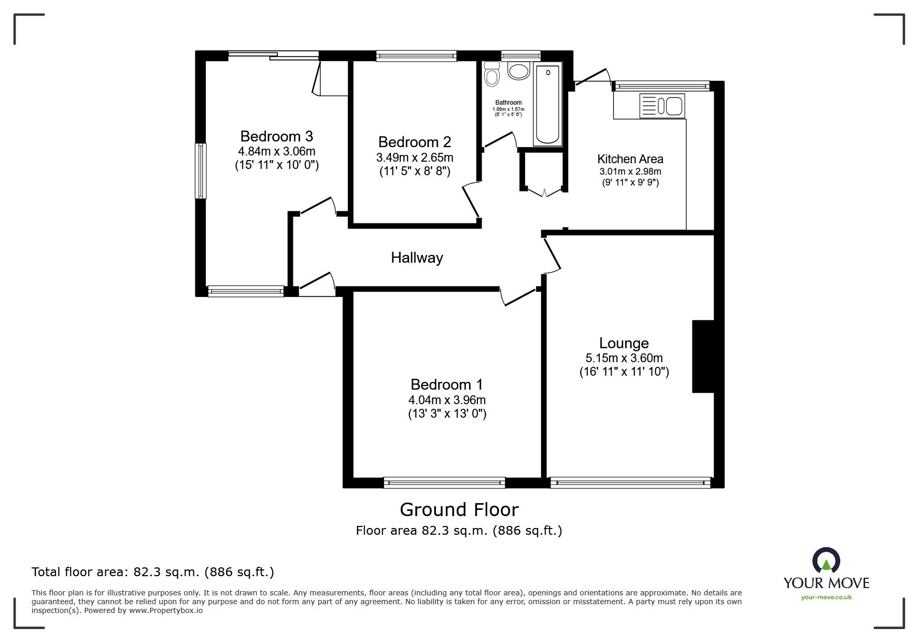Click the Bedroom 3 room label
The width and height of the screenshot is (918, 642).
(276, 136)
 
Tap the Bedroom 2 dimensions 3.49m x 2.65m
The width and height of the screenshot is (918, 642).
(415, 158)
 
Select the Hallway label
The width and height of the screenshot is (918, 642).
(417, 258)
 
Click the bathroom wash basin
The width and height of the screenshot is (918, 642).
(518, 70)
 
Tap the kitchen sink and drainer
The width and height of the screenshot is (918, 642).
(662, 106)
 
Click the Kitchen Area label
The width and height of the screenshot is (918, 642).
(630, 159)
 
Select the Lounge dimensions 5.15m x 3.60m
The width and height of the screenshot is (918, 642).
(624, 358)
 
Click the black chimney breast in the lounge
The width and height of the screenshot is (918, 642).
(703, 356)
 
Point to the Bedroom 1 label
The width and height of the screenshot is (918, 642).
(446, 384)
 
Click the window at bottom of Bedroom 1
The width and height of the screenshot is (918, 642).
(444, 482)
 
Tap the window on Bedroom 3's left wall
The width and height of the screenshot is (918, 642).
(200, 171)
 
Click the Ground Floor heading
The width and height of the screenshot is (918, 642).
(459, 510)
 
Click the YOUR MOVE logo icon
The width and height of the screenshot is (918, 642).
(826, 562)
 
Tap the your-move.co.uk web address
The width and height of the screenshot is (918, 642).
(826, 597)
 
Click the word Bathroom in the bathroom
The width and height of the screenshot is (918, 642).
(508, 103)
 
